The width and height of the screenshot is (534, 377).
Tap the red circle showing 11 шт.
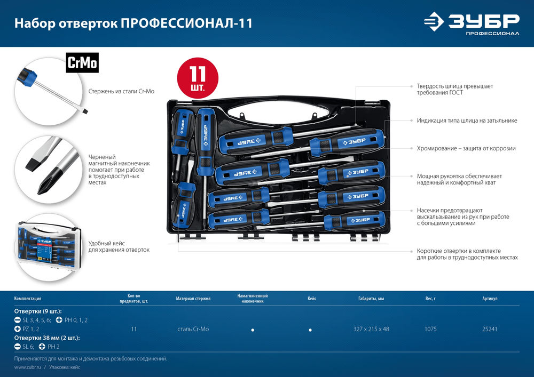194,78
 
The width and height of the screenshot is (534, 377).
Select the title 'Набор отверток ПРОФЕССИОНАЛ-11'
133,23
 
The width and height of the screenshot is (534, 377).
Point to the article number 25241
490,329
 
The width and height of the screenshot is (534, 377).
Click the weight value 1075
430,329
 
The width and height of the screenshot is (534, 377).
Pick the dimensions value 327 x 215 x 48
371,329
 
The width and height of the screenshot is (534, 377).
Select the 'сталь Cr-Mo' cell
193,329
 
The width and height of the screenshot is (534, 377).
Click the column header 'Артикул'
490,299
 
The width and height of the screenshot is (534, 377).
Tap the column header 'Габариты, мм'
371,299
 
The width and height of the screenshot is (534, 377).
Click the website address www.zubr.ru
28,367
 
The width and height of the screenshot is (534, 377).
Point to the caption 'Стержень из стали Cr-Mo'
121,92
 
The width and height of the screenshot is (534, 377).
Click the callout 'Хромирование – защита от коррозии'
466,148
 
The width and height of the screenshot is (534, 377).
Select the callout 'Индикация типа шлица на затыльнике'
467,121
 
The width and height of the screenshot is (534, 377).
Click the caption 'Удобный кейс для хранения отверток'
119,246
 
